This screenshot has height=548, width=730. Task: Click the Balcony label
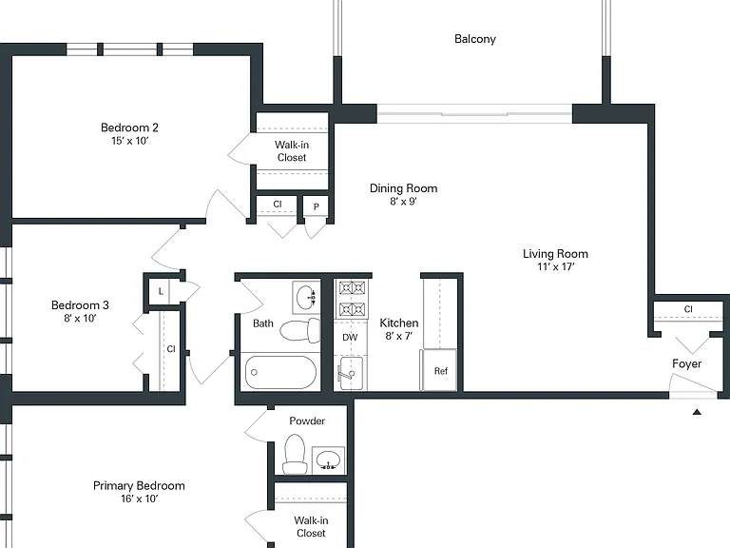[x=475, y=39]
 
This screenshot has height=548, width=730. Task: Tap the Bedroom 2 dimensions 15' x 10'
[x=129, y=141]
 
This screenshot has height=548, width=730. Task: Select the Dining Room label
[x=404, y=188]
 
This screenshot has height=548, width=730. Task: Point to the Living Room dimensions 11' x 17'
[x=555, y=266]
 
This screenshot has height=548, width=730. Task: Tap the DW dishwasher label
[x=350, y=338]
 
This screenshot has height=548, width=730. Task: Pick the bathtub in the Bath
[x=280, y=372]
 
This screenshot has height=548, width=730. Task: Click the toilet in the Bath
[x=300, y=330]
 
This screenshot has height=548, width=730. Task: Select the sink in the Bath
[x=306, y=297]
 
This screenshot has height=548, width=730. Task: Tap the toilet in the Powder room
[x=296, y=455]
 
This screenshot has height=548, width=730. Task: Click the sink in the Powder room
[x=328, y=460]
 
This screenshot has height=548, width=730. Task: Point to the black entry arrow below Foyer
[x=697, y=412]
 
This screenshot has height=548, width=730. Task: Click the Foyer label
[x=686, y=364]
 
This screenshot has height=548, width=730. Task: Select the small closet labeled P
[x=317, y=207]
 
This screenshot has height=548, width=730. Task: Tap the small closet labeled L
[x=161, y=292]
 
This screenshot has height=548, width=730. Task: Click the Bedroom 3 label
[x=80, y=305]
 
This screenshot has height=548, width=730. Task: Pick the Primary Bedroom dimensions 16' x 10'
[x=139, y=499]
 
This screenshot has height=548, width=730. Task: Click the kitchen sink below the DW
[x=351, y=373]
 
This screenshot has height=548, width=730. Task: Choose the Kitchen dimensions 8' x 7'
[x=399, y=336]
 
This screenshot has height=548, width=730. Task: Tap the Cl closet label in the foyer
[x=688, y=309]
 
